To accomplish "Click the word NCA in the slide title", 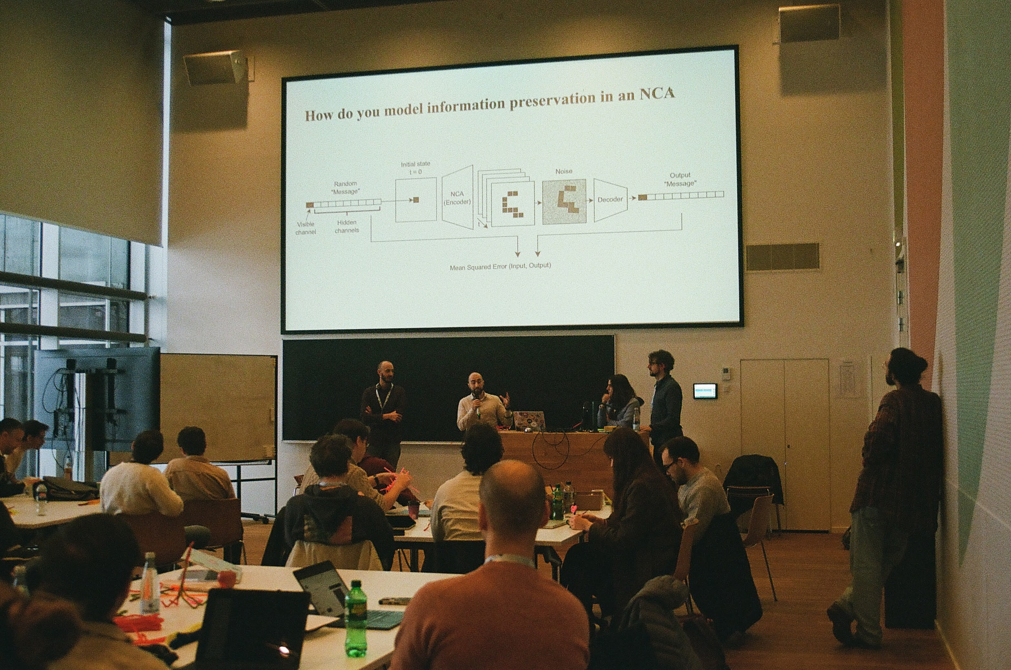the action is pyautogui.click(x=657, y=94).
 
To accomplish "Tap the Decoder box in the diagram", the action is pyautogui.click(x=610, y=200).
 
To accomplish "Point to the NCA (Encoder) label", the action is pyautogui.click(x=457, y=198).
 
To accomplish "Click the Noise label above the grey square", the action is pyautogui.click(x=563, y=171).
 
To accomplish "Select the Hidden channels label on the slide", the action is pyautogui.click(x=347, y=226).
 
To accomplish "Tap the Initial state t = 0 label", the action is pyautogui.click(x=415, y=168).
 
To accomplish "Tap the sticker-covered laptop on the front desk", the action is pyautogui.click(x=529, y=420).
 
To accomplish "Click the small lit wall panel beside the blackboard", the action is pyautogui.click(x=705, y=391).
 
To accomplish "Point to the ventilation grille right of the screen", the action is pyautogui.click(x=783, y=257).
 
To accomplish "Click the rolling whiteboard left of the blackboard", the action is pyautogui.click(x=218, y=408).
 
